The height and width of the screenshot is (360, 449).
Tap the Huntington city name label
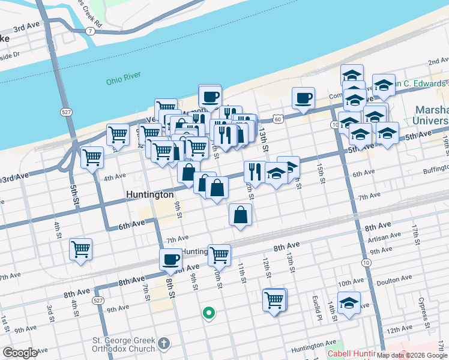[x=150, y=194]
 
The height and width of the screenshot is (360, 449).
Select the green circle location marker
[x=209, y=313]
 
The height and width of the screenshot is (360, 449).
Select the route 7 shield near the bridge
[x=89, y=31]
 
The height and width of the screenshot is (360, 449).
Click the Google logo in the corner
[x=20, y=353]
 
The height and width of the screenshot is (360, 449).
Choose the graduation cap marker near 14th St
[x=349, y=303]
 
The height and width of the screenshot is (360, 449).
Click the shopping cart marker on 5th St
[x=92, y=158]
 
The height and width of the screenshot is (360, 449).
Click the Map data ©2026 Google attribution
[x=412, y=356]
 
